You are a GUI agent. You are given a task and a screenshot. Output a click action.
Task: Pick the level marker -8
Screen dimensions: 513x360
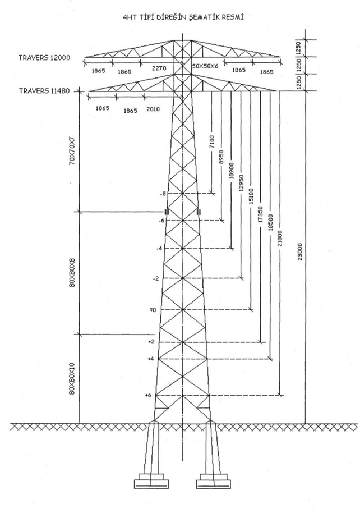click(163, 194)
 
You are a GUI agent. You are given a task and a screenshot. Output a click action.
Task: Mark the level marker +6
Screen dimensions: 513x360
click(148, 396)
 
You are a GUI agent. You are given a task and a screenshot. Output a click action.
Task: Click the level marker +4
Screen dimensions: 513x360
click(150, 358)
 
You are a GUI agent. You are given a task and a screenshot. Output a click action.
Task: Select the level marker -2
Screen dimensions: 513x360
click(155, 278)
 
